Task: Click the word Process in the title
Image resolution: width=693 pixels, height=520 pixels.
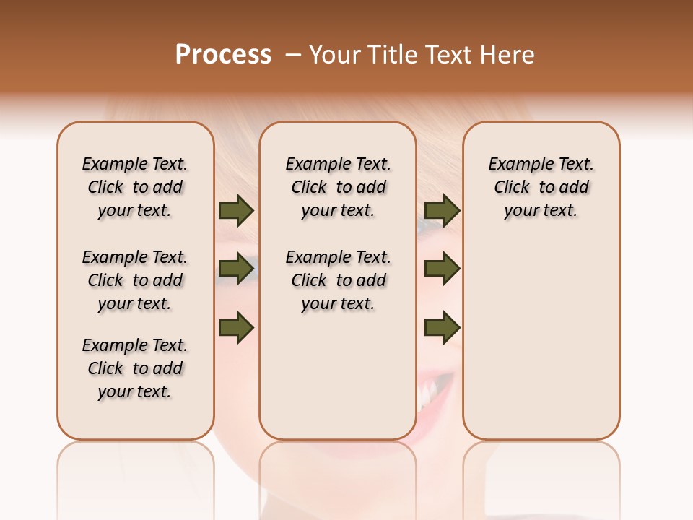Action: [223, 54]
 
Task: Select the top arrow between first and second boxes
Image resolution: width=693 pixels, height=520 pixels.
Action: [236, 211]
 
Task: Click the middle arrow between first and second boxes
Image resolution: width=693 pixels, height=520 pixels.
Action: [236, 269]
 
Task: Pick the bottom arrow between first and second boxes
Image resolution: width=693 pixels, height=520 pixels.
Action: [236, 327]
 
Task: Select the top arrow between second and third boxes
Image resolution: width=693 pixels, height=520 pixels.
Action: [442, 211]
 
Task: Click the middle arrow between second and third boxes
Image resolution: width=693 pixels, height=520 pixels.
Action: [442, 269]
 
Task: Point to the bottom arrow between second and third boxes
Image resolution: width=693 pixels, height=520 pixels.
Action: [442, 327]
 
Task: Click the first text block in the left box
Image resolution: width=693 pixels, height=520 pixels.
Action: [135, 187]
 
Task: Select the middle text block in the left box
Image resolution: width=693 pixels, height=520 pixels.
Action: [135, 280]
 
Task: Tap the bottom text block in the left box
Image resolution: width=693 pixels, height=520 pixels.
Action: [135, 368]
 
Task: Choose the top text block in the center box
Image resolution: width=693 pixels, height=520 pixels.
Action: [338, 187]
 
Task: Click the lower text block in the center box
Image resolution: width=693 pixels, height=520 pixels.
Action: [338, 280]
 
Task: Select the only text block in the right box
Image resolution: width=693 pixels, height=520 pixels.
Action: [541, 187]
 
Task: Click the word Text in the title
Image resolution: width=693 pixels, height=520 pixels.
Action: [448, 55]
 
